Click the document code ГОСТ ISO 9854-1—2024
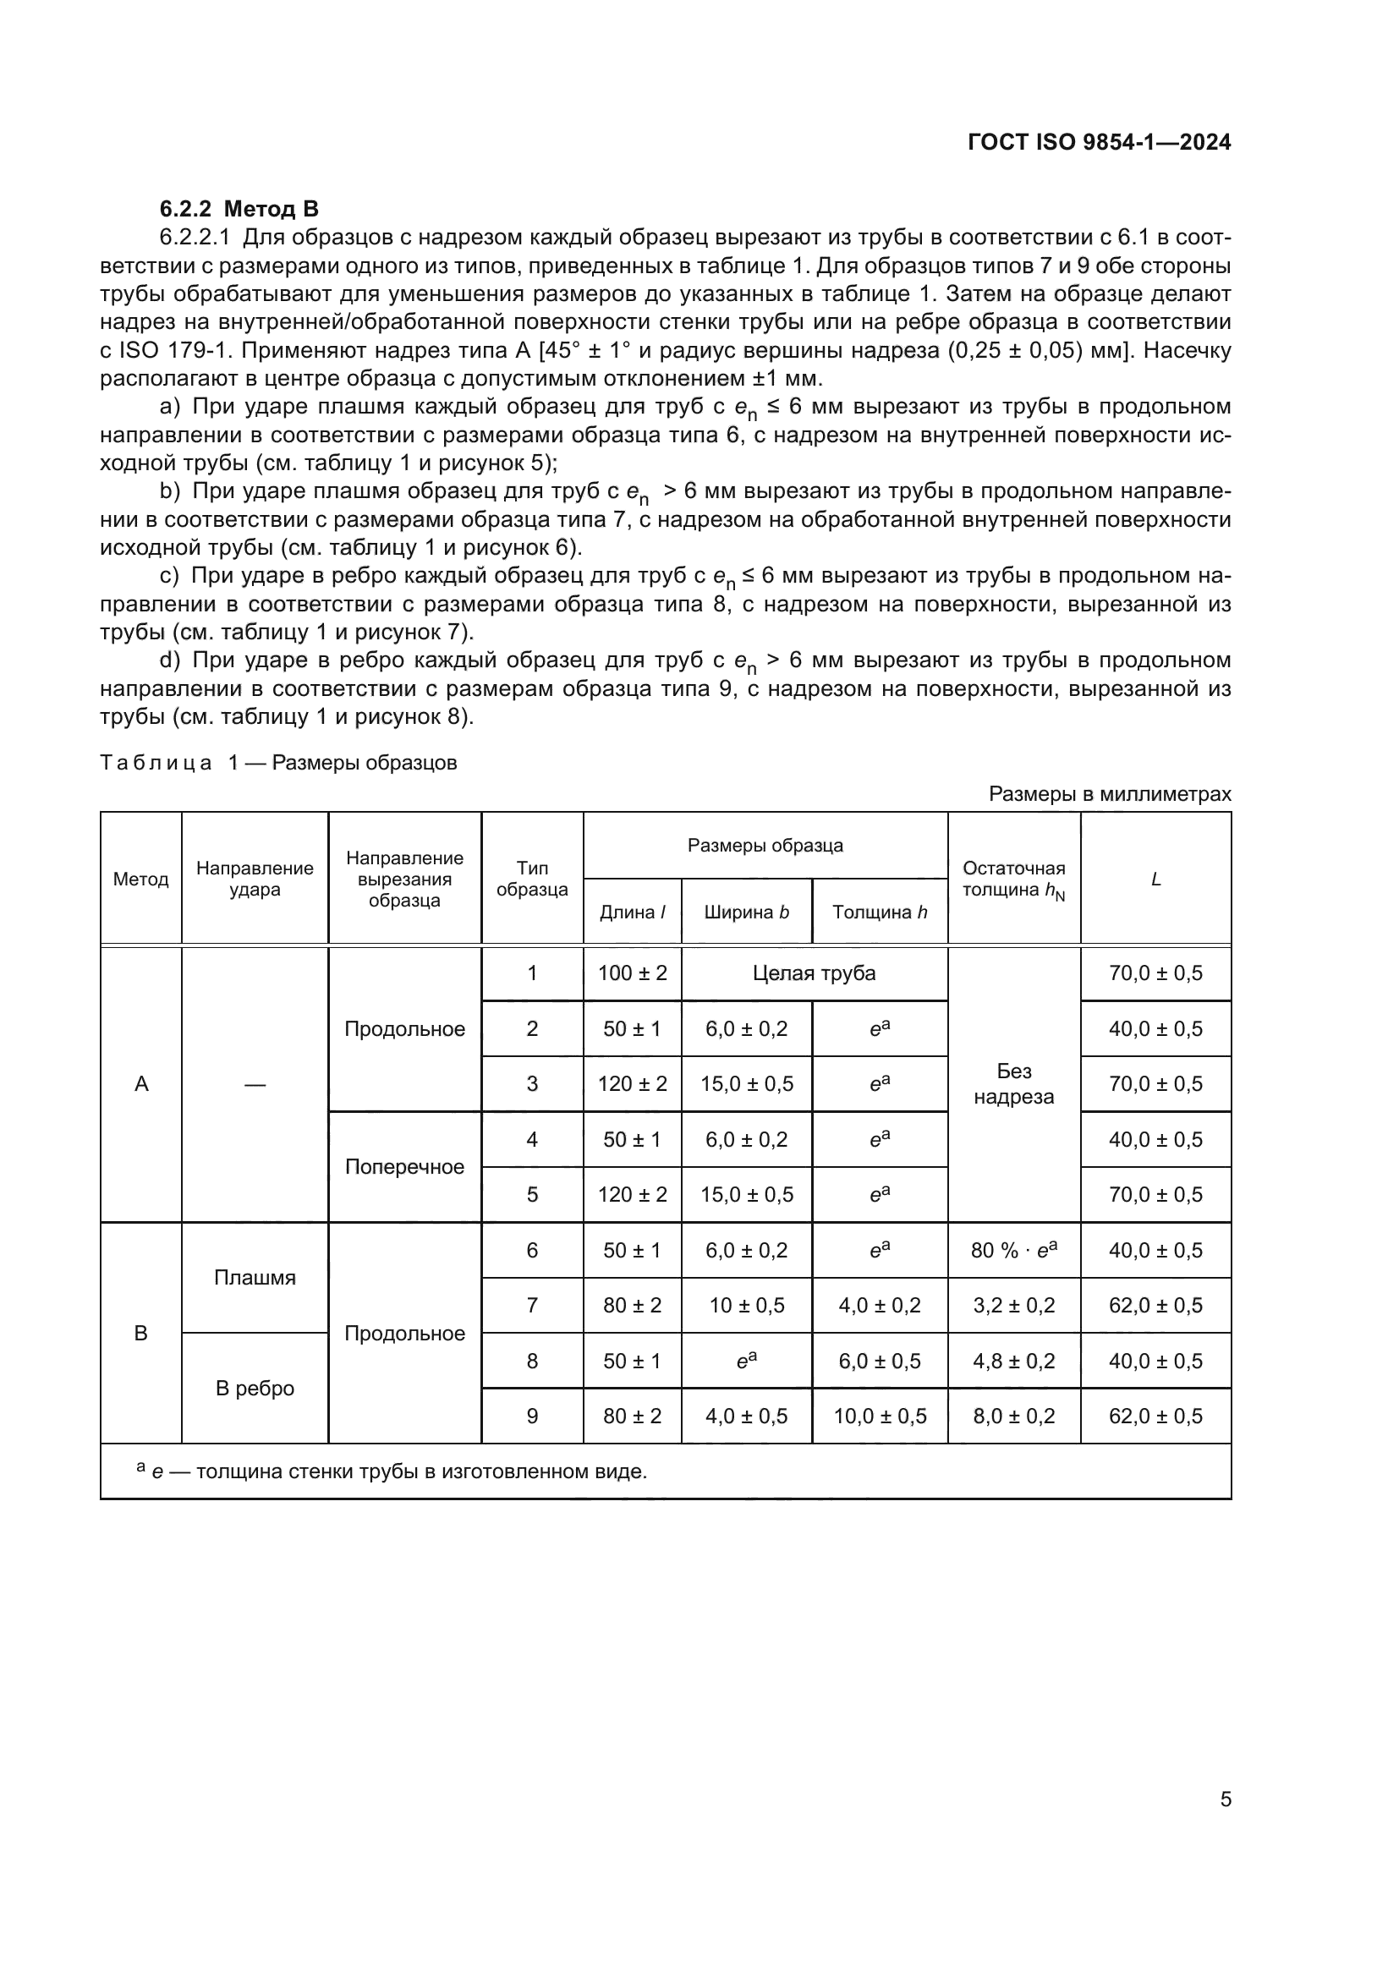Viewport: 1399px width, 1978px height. (1100, 143)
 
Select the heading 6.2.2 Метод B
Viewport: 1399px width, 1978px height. (239, 209)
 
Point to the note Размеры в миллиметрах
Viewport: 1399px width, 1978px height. (1110, 793)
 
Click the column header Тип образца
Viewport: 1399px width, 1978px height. (531, 879)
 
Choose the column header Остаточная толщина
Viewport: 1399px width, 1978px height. (1013, 879)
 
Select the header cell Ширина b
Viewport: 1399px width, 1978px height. (746, 912)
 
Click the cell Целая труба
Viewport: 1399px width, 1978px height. (814, 973)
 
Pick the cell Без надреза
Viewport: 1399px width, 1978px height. (1013, 1084)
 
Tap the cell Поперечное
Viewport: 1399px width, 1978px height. (404, 1166)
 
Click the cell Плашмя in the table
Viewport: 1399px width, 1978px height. (254, 1278)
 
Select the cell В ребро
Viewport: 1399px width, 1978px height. (254, 1388)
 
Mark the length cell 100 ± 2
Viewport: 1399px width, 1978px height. (633, 973)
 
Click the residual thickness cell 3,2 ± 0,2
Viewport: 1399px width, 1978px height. (1013, 1305)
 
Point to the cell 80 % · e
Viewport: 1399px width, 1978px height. (1013, 1250)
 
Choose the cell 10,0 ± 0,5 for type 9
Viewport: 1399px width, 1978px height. (880, 1416)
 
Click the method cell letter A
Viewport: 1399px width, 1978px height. (141, 1084)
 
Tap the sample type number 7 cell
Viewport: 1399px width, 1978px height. (531, 1305)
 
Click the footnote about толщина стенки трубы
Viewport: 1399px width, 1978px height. (392, 1471)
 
